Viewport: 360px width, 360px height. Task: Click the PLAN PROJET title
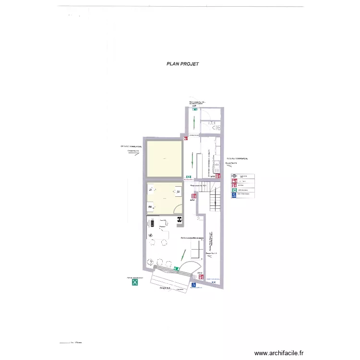pos(182,63)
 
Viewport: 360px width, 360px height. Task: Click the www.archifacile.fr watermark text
pos(279,353)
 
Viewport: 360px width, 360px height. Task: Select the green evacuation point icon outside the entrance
pos(135,283)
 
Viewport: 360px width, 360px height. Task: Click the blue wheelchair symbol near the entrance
pos(193,284)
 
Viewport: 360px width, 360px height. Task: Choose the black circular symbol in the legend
pos(234,176)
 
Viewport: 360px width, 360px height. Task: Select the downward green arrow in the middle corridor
pos(193,158)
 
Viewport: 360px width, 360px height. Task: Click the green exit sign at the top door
pos(195,109)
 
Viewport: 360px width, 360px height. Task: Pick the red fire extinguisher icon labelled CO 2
pos(200,277)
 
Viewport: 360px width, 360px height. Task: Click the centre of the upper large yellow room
pos(164,158)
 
